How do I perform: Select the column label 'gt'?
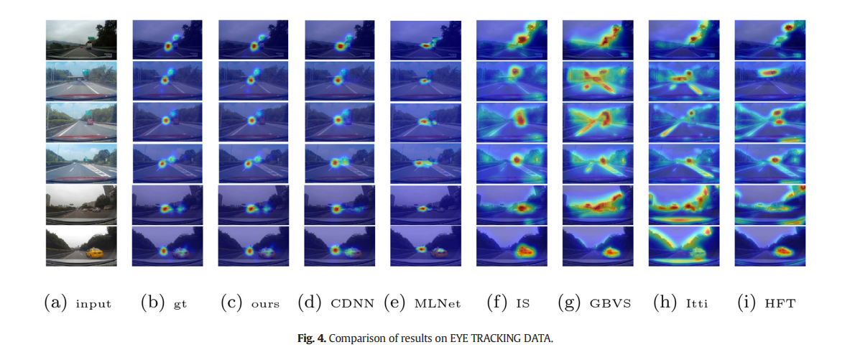(x=180, y=304)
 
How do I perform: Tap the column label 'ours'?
(x=265, y=304)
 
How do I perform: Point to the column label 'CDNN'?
(x=353, y=304)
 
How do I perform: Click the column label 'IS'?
(x=522, y=304)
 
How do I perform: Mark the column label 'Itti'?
(x=696, y=304)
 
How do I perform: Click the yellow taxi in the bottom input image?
(x=95, y=252)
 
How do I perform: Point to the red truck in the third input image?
(x=90, y=121)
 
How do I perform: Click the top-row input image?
(x=80, y=40)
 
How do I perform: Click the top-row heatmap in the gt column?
(x=167, y=40)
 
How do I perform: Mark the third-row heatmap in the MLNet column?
(x=425, y=122)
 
